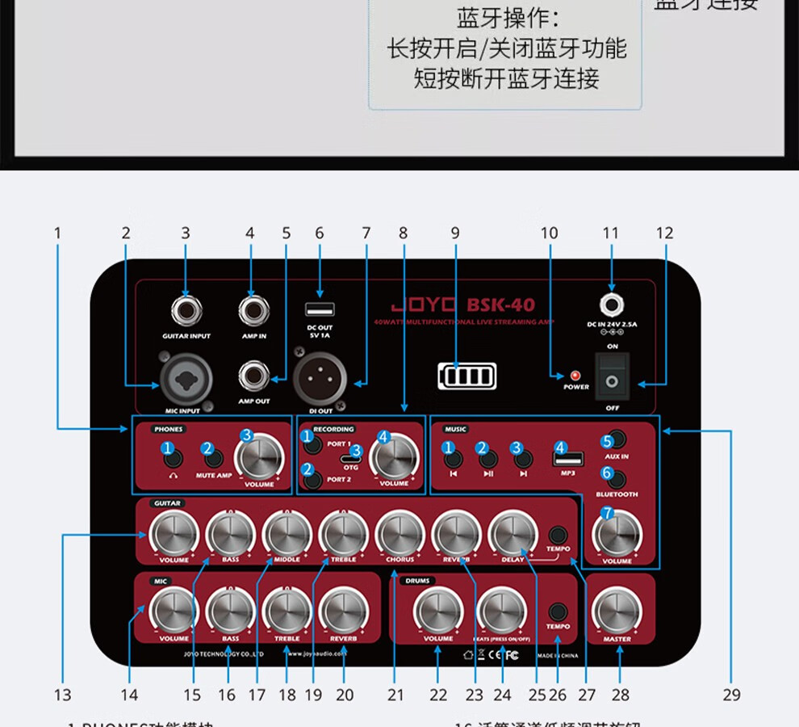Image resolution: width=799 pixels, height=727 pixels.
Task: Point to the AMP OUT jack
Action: (253, 376)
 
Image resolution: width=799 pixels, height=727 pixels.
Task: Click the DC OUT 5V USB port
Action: (320, 309)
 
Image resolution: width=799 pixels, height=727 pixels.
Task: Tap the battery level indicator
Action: (467, 376)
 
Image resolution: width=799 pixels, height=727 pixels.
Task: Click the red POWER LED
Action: (575, 376)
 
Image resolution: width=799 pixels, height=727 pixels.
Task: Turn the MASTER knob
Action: (617, 611)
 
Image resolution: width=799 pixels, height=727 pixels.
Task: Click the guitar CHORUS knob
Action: (399, 534)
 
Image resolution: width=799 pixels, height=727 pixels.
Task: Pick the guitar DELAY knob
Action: (512, 534)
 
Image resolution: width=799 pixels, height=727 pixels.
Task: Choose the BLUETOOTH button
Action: (617, 477)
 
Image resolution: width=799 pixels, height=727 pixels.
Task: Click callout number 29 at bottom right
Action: (731, 695)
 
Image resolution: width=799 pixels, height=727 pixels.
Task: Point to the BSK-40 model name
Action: (500, 305)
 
